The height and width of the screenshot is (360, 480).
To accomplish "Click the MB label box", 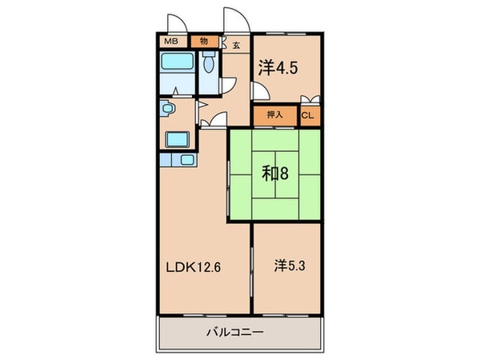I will click(x=172, y=42).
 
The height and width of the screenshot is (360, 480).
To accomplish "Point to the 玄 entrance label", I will click(x=236, y=46).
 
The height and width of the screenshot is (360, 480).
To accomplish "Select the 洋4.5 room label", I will click(x=278, y=69).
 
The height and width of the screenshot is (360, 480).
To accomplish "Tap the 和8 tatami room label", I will click(x=275, y=172).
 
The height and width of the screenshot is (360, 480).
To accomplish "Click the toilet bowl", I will click(x=208, y=64).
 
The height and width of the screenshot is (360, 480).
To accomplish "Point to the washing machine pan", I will click(x=178, y=139).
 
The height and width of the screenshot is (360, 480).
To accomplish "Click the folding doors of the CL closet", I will click(x=312, y=100).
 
